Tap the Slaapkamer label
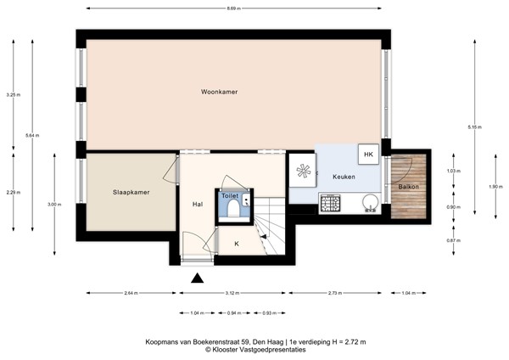point(131,192)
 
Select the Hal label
point(197,204)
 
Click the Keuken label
point(332,176)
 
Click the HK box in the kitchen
point(368,155)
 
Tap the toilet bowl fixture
point(232,211)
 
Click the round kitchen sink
point(369,202)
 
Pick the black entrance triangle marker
point(198,278)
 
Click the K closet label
point(237,244)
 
